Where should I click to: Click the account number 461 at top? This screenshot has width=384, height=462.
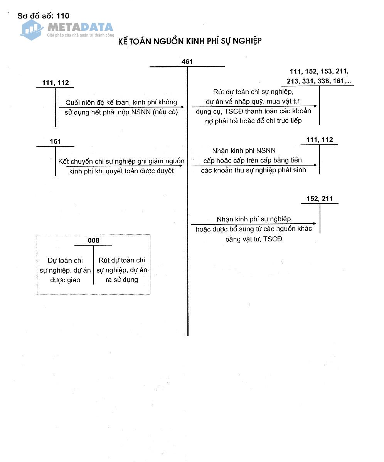pos(187,62)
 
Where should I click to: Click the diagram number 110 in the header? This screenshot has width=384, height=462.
pos(62,16)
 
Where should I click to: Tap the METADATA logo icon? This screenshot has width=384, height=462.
pos(32,29)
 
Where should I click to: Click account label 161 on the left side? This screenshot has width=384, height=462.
pos(55,142)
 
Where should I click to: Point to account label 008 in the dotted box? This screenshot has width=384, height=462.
pos(93,241)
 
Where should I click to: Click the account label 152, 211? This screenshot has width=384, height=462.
pos(319,199)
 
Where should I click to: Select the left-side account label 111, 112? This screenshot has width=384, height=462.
pos(55,82)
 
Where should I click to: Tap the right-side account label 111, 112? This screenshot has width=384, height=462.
pos(319,140)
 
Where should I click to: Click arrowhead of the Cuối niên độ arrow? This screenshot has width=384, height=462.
pos(182,107)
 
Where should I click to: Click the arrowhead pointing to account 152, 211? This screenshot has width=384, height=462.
pos(315,224)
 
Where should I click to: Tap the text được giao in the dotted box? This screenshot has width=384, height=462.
pos(65,280)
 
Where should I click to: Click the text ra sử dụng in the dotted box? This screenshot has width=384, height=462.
pos(121,280)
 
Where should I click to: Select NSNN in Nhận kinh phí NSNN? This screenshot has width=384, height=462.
pos(266,151)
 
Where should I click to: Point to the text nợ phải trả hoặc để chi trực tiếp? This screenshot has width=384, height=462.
pos(254,121)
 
